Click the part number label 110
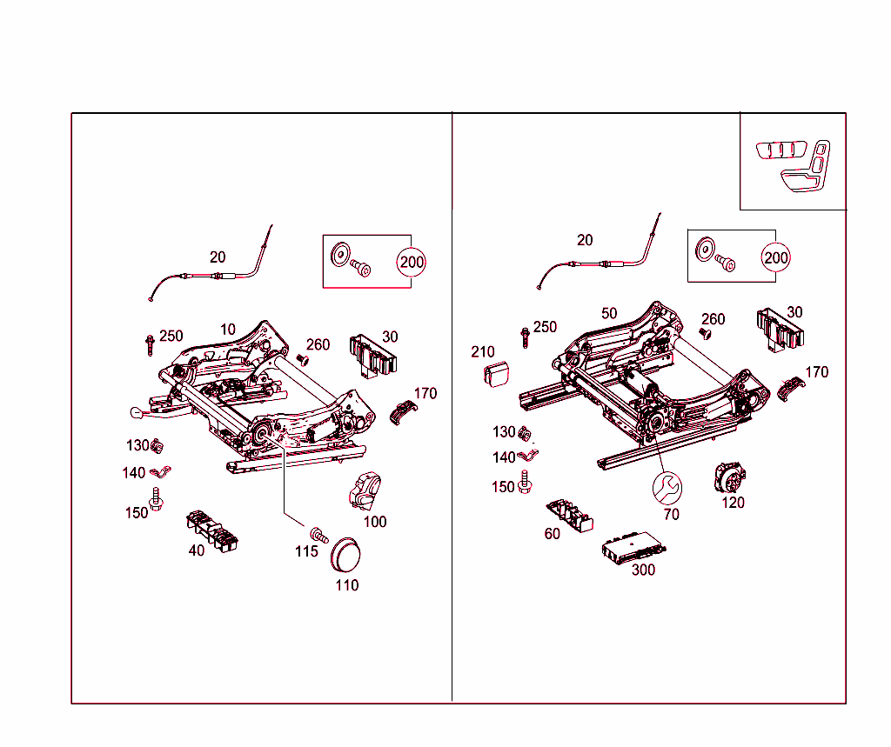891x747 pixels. coord(347,585)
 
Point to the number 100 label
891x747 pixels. coord(375,522)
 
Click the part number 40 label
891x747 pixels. coord(198,550)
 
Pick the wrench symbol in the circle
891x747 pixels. coord(668,489)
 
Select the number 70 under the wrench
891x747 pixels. coord(671,514)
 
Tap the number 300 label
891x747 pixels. coord(643,570)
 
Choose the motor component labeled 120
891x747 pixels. coord(729,478)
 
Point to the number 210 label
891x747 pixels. coord(483,352)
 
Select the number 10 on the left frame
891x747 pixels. coord(228,330)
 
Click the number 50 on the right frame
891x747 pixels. coord(609,313)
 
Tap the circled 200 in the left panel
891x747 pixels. coord(412,261)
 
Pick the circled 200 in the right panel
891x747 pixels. coord(775,257)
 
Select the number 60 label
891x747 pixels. coord(553,534)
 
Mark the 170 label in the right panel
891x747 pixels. coord(817,372)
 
